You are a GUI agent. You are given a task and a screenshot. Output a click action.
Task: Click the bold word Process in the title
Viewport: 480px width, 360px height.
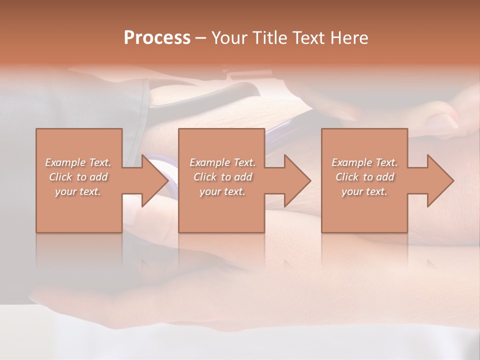tap(157, 38)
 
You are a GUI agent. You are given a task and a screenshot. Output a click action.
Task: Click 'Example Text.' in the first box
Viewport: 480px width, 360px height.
tap(78, 162)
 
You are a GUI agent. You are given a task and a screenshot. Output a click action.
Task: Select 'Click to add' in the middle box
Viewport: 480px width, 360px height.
tap(222, 177)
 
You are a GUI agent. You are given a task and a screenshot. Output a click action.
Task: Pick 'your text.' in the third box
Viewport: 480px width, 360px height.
tap(364, 191)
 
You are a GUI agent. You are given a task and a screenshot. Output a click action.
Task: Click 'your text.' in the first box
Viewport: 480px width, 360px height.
tap(78, 191)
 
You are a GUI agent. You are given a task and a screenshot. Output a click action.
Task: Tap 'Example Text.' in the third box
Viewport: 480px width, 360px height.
tap(364, 162)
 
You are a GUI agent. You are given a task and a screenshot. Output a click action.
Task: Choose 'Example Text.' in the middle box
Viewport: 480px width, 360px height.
tap(222, 162)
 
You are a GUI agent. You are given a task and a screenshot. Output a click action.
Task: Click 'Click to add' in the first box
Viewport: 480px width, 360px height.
tap(78, 177)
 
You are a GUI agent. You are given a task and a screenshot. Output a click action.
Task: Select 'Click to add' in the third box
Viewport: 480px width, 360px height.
tap(364, 177)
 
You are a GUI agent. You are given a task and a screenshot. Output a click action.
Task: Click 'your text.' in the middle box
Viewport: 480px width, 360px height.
tap(222, 191)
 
